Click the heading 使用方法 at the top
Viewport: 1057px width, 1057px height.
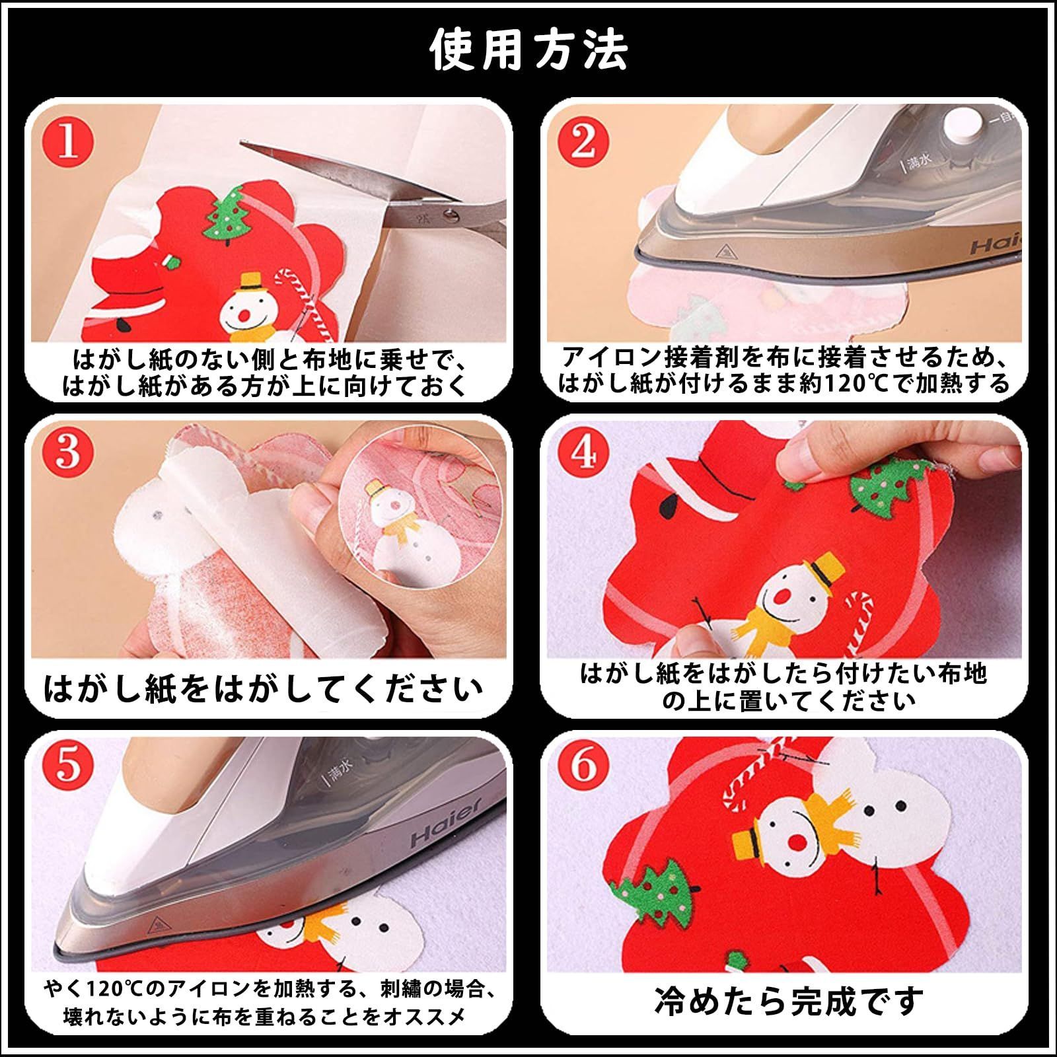coord(528,50)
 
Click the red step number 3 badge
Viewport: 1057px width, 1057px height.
coord(67,454)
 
